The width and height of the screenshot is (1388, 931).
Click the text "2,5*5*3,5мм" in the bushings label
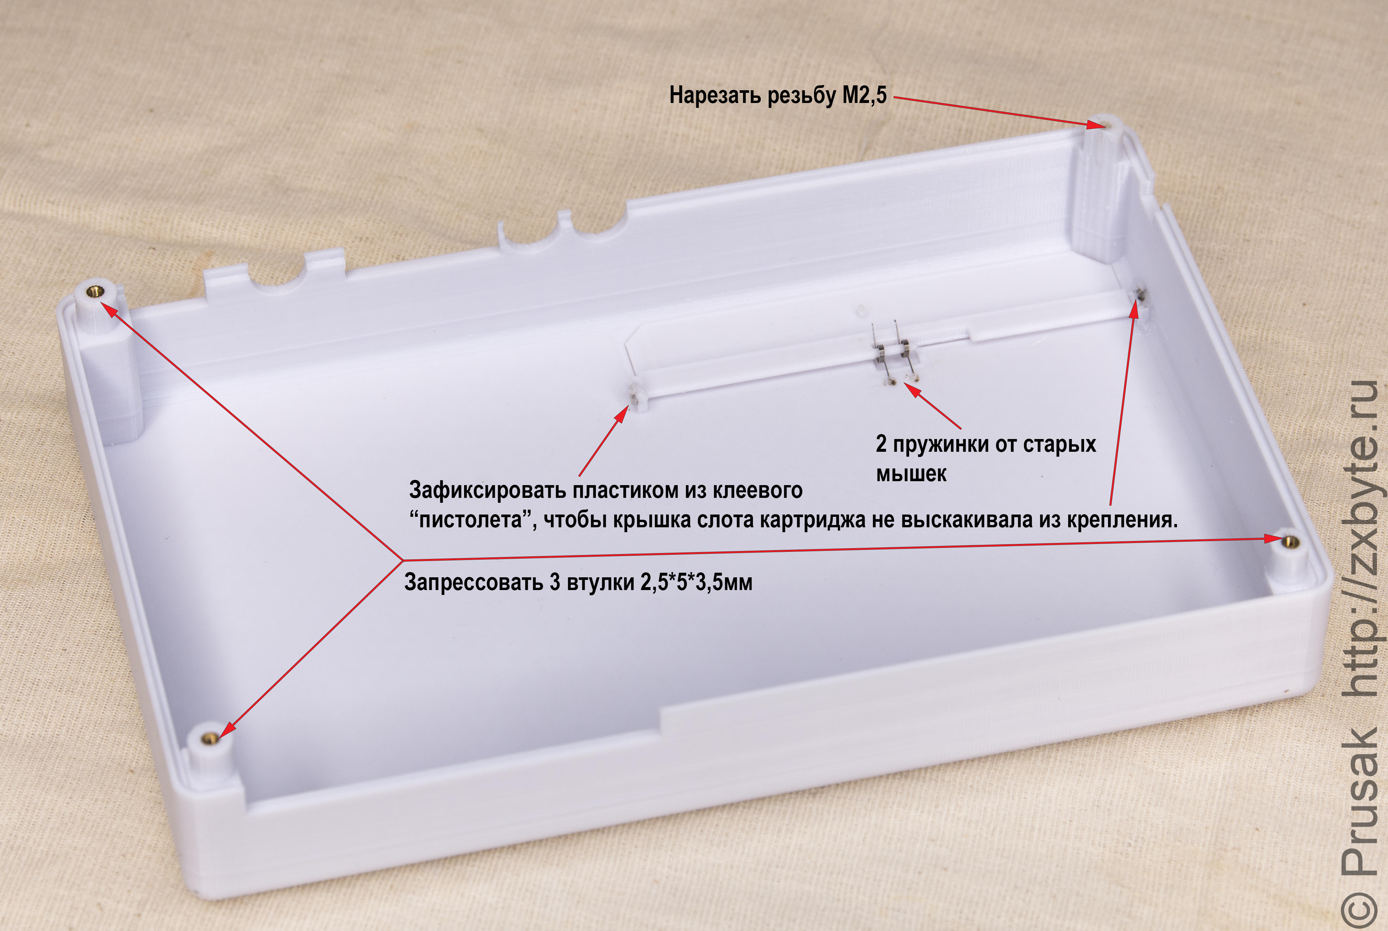pyautogui.click(x=696, y=583)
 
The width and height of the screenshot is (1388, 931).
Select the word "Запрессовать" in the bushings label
pyautogui.click(x=473, y=583)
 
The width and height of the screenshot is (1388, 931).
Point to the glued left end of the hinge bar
pyautogui.click(x=635, y=397)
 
